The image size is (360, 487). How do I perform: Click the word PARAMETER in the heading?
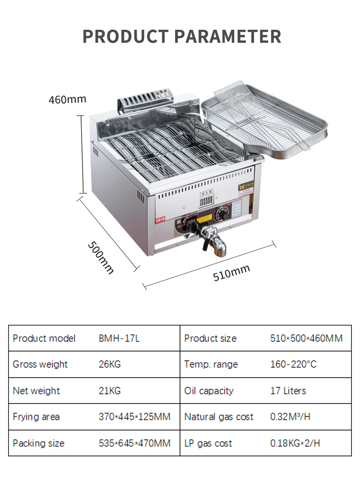click(x=227, y=36)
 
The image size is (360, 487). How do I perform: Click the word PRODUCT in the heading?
click(x=125, y=36)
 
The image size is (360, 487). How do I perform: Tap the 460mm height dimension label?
click(x=67, y=99)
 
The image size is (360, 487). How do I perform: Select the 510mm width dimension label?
click(x=231, y=273)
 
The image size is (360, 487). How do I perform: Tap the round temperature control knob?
click(x=222, y=214)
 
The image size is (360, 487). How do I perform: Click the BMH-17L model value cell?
click(x=119, y=338)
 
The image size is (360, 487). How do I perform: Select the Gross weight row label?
click(x=40, y=364)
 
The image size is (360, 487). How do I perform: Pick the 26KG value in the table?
click(x=109, y=364)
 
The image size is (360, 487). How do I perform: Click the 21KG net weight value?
click(x=109, y=391)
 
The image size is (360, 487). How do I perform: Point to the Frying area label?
click(x=36, y=416)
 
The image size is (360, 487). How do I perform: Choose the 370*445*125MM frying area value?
click(x=134, y=416)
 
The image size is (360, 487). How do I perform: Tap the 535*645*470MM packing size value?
click(x=134, y=443)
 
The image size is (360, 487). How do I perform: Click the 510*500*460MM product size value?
click(x=306, y=338)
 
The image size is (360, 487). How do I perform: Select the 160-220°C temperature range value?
click(x=293, y=364)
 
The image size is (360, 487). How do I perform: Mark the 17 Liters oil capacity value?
click(x=288, y=391)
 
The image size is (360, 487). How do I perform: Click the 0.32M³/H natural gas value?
click(x=290, y=416)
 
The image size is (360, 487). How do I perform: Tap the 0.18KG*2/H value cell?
click(x=295, y=443)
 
